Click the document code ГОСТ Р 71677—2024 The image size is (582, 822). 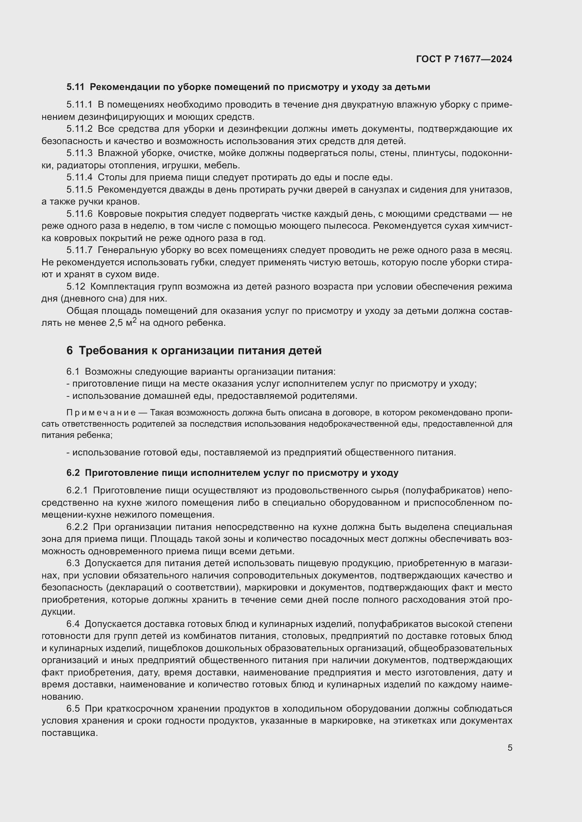464,59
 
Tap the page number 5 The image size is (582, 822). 510,747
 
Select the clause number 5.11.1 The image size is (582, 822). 79,104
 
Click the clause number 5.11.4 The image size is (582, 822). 79,177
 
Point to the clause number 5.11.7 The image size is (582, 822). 79,250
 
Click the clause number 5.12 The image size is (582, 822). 76,286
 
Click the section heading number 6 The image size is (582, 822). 70,350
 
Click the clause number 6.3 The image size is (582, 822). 73,563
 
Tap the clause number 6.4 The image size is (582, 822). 73,624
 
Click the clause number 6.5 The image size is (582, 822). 73,708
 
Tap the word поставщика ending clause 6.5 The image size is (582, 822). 69,732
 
